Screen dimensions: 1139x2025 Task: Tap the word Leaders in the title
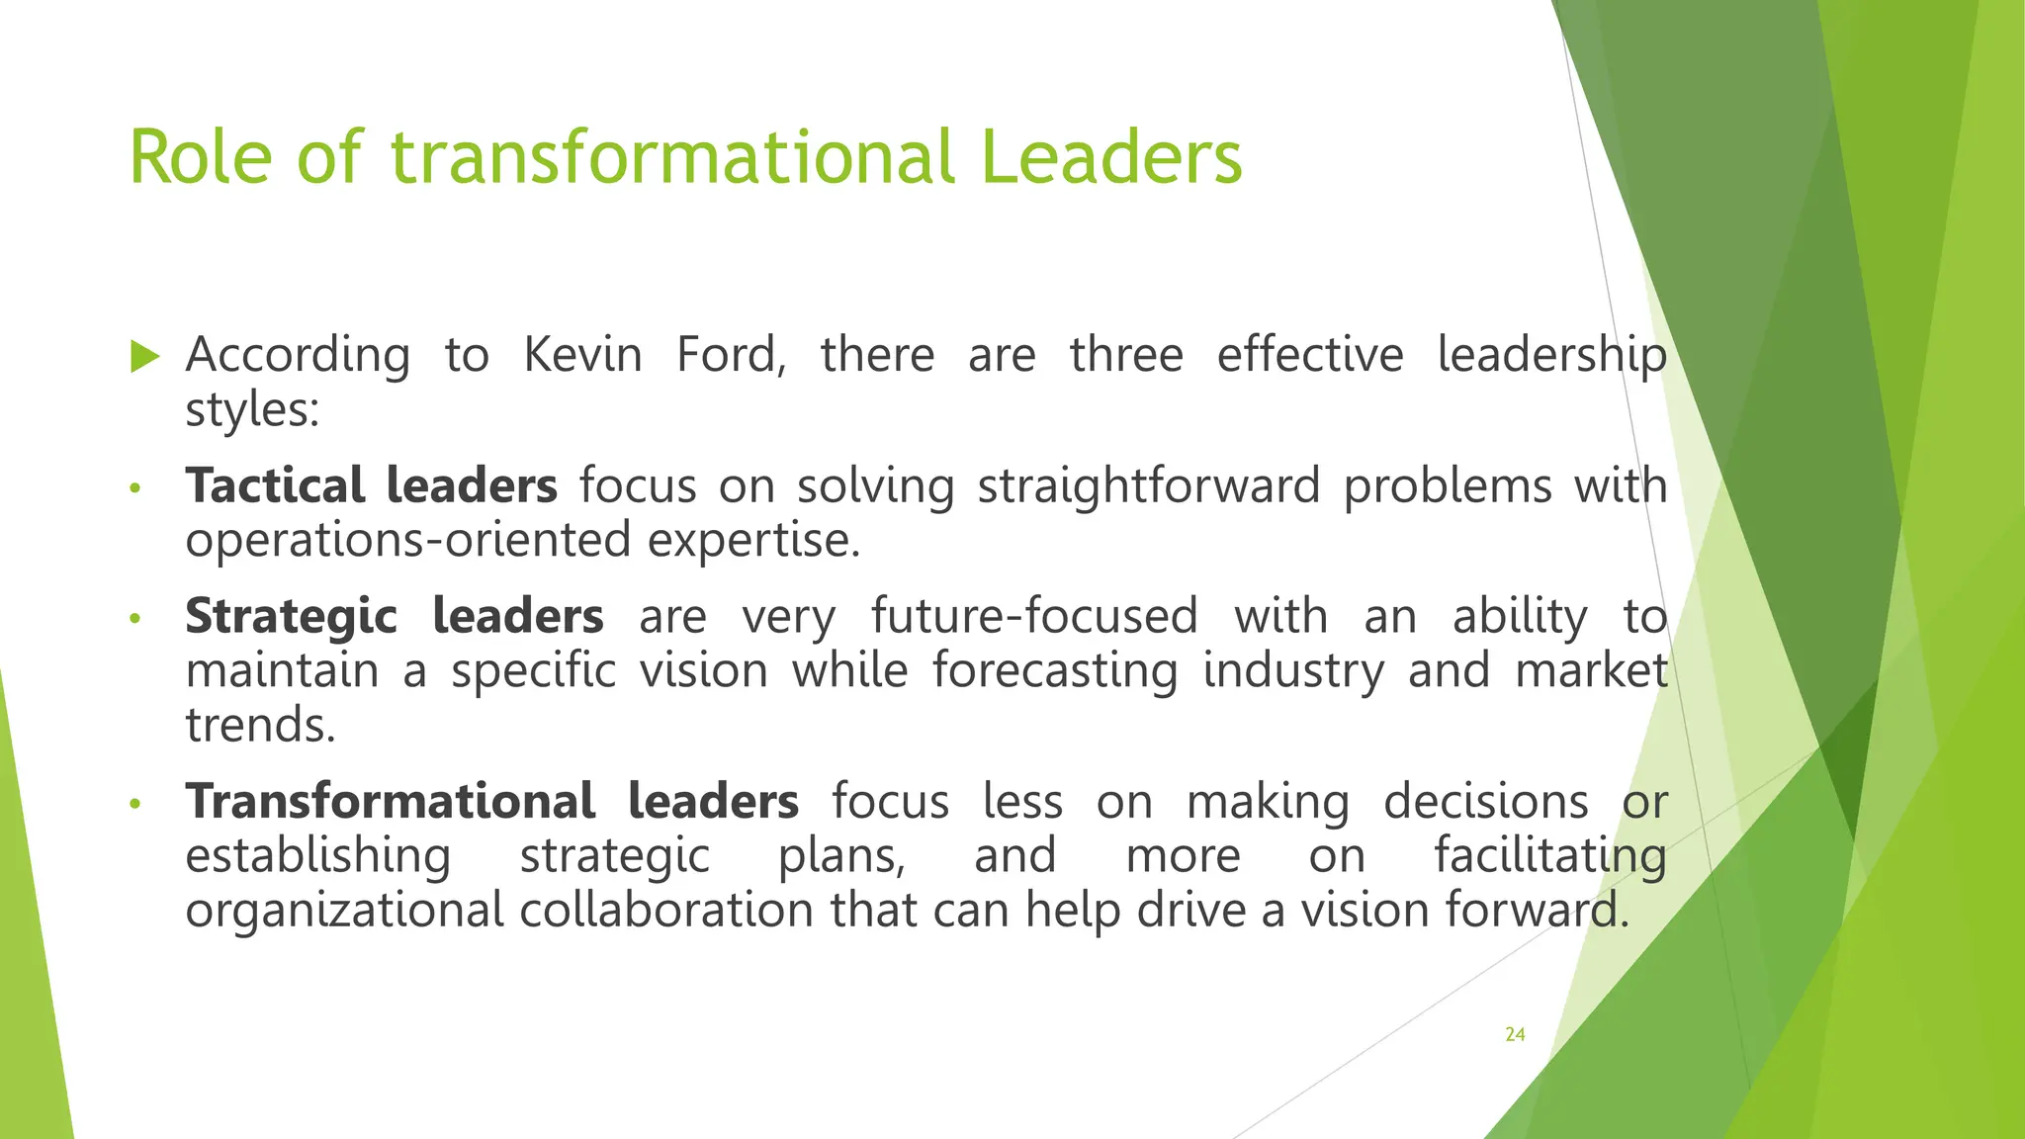point(1111,157)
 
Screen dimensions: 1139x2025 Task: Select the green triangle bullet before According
point(144,356)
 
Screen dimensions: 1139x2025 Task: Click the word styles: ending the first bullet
point(253,409)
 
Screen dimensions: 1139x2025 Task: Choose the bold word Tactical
point(275,485)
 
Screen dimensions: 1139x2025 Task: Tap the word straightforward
point(1148,485)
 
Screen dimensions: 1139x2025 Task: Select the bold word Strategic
point(291,616)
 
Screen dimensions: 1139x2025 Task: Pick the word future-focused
point(1034,616)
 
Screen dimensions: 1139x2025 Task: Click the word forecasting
point(1055,670)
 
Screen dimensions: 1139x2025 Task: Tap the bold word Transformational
point(391,801)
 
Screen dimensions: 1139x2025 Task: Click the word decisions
point(1485,801)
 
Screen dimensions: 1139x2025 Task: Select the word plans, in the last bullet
point(841,855)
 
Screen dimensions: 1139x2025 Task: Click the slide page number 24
point(1515,1034)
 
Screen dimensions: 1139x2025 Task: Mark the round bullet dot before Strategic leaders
point(136,619)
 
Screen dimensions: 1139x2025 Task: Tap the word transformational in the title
point(671,157)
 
